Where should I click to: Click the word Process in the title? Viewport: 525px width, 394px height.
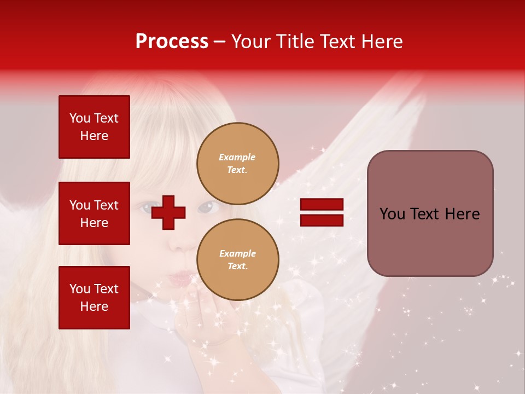[172, 42]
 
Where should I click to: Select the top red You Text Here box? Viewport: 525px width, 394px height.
[94, 127]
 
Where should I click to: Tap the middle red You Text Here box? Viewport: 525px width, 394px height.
[94, 213]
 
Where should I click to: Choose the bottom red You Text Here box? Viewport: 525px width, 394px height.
[94, 297]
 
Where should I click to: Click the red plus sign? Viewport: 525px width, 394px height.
[168, 212]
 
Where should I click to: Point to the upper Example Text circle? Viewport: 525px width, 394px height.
[237, 163]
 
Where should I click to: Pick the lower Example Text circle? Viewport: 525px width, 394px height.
[237, 259]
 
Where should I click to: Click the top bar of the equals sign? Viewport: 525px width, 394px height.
[322, 205]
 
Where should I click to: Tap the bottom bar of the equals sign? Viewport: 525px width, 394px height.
[322, 220]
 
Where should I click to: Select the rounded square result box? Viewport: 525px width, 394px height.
[430, 213]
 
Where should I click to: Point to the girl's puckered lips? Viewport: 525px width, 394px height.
[179, 279]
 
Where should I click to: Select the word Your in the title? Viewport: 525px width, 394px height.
[251, 42]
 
